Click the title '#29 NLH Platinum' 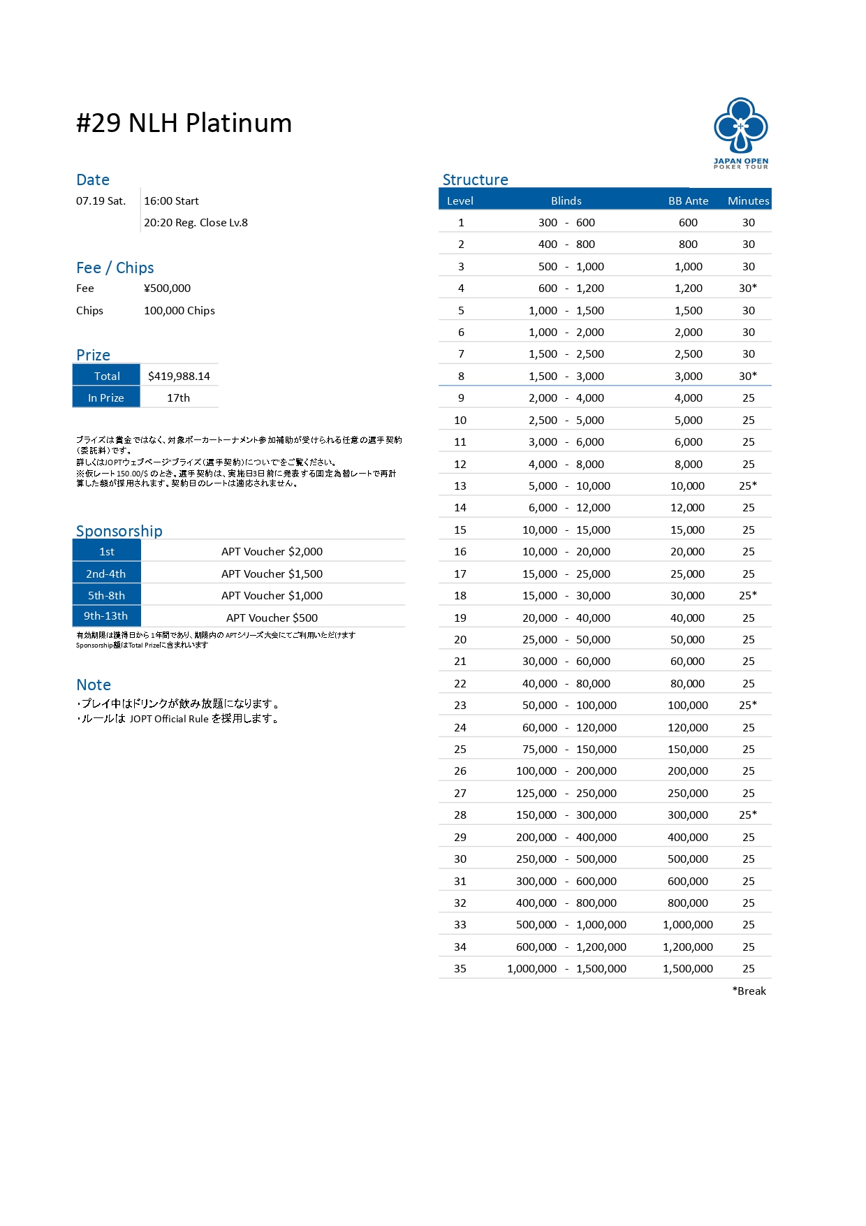(x=184, y=123)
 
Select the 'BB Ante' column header (x=688, y=200)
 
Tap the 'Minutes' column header (x=748, y=200)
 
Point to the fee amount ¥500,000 (x=167, y=288)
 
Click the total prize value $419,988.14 (x=179, y=376)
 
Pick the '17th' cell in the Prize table (x=178, y=397)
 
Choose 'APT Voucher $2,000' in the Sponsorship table (x=272, y=551)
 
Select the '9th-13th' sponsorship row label (x=106, y=616)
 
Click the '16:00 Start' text (x=171, y=200)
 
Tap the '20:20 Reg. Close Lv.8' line (x=196, y=222)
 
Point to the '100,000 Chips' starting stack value (x=179, y=310)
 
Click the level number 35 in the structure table (x=460, y=968)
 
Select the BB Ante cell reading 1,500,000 (x=688, y=968)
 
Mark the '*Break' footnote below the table (x=749, y=991)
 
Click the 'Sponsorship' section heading (x=119, y=531)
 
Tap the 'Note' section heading (x=94, y=685)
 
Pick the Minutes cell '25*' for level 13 (x=748, y=486)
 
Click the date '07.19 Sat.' (x=101, y=200)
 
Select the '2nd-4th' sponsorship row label (x=106, y=574)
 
